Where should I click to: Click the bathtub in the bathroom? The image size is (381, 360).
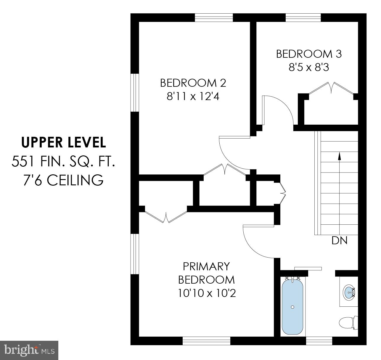(292, 307)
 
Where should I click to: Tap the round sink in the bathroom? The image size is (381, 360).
(349, 292)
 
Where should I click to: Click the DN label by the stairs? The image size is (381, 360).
(339, 240)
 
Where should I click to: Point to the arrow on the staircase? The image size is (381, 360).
(339, 156)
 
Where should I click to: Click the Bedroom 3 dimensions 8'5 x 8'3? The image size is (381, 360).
(309, 68)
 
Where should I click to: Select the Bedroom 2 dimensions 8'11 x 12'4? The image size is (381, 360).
(193, 97)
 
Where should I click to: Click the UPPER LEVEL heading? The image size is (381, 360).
(63, 142)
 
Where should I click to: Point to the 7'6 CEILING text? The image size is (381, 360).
(63, 180)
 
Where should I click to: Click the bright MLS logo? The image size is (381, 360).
(29, 350)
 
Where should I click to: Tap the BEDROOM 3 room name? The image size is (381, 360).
(309, 54)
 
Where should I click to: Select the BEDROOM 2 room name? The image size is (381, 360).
(193, 83)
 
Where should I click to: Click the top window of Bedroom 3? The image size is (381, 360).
(303, 17)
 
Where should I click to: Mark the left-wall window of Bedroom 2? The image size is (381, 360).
(135, 92)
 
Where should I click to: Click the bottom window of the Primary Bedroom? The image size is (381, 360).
(206, 341)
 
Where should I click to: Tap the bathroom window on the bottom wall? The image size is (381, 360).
(317, 341)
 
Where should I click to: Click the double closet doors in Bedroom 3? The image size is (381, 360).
(332, 88)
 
